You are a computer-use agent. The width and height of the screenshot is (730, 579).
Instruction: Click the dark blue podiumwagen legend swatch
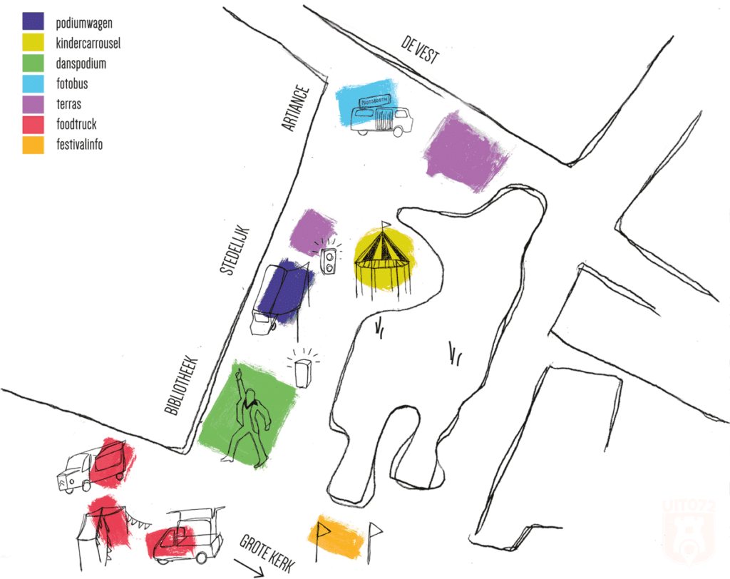33,22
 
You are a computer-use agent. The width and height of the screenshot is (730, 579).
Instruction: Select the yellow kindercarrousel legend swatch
33,43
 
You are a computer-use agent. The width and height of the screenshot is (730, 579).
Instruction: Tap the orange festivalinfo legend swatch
33,145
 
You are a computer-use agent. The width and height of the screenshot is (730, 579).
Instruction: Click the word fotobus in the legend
72,84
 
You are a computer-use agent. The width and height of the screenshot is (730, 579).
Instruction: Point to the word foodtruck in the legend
76,125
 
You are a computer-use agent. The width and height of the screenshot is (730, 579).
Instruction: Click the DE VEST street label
419,51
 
